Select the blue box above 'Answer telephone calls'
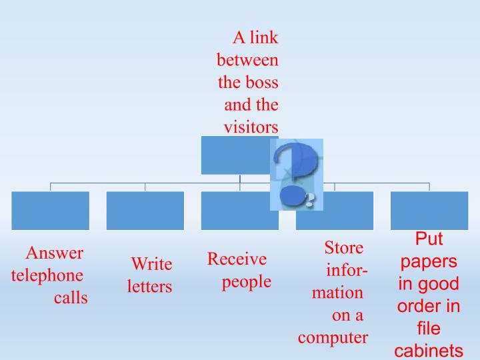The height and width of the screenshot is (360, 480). [51, 211]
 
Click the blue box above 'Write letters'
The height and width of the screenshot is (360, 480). [145, 211]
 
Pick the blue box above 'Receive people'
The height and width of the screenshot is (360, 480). [240, 211]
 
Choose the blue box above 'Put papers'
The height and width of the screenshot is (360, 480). [429, 211]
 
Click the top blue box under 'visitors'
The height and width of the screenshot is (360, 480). [236, 155]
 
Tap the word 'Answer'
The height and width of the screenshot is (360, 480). [55, 253]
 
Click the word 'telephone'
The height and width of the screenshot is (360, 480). [47, 276]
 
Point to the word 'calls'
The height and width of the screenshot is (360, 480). [71, 298]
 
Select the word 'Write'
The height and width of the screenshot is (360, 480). [151, 264]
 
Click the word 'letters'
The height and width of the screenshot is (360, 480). [150, 287]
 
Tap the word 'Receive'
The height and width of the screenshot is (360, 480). [237, 259]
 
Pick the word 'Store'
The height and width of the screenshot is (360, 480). [344, 247]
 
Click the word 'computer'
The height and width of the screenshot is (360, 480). [333, 338]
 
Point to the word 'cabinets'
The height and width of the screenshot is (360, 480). [429, 351]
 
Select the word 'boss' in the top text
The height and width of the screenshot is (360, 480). [262, 83]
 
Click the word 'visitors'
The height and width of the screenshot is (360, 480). [251, 127]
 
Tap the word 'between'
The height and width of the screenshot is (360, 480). [247, 60]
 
